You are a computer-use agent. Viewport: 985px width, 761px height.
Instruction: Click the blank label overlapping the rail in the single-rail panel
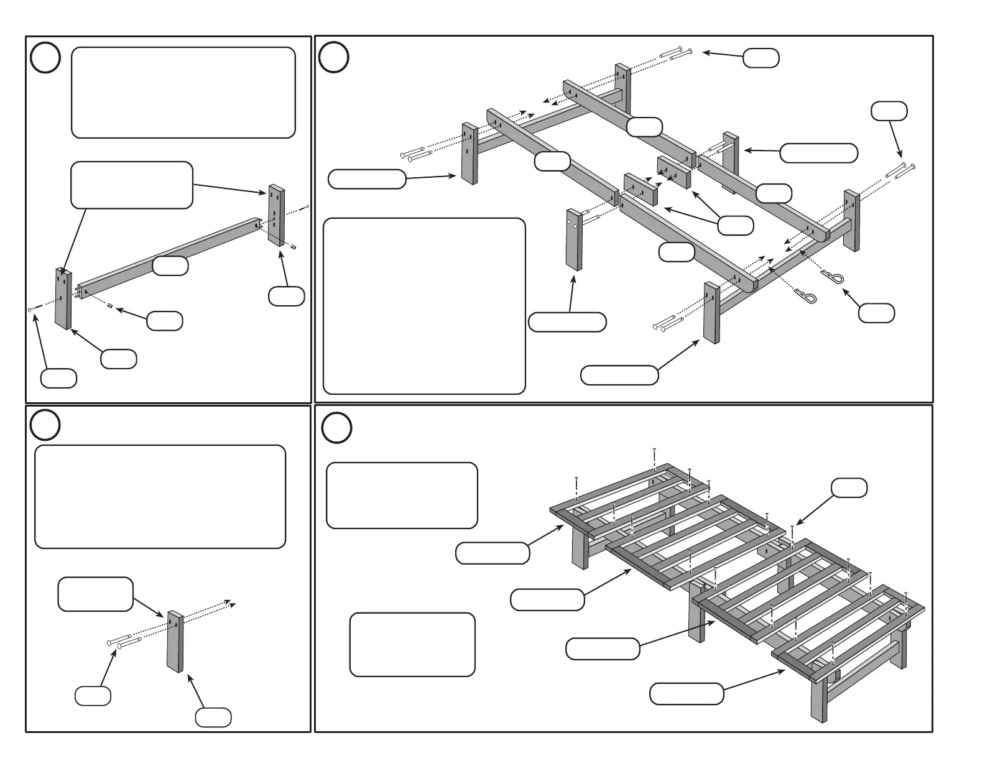pos(170,265)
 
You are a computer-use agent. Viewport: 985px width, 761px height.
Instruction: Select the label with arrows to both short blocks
pos(736,225)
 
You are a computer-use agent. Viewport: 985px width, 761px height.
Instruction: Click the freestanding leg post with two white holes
pos(573,239)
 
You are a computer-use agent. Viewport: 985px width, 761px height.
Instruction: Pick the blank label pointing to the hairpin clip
pos(876,313)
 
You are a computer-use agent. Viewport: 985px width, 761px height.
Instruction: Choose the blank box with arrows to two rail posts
pos(132,185)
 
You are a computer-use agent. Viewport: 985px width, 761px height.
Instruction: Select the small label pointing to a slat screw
pos(849,488)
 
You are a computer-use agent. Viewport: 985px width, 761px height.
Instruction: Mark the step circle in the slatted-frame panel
pos(336,428)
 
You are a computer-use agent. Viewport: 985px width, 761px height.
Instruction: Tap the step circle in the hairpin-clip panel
pos(333,58)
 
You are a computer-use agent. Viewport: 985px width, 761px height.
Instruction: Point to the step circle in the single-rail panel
pos(45,58)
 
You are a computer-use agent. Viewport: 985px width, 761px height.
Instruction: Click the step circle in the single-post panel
pos(45,426)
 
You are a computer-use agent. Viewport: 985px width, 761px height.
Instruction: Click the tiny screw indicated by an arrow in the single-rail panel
pos(30,308)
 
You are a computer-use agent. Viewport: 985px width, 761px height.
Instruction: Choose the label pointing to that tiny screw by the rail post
pos(58,378)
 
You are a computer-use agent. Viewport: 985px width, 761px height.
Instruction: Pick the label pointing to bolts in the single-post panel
pos(93,696)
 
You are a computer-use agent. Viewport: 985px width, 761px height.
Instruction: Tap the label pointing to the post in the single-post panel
pos(213,717)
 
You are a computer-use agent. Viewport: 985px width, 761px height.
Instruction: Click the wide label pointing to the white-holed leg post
pos(566,322)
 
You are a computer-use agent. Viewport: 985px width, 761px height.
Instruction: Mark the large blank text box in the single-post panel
pos(160,497)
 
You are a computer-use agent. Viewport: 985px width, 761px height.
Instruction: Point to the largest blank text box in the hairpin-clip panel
pos(424,306)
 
